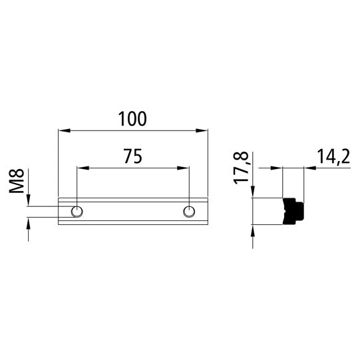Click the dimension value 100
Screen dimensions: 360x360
point(132,119)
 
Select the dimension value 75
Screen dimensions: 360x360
point(132,157)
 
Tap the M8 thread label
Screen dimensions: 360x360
point(18,181)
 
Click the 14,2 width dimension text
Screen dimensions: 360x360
point(333,157)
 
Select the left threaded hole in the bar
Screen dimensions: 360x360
point(77,212)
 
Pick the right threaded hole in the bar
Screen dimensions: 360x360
point(189,212)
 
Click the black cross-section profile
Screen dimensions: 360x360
point(293,211)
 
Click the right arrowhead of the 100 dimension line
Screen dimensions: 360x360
point(204,130)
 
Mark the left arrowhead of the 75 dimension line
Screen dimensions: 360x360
point(81,168)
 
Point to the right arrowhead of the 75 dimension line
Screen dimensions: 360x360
point(185,168)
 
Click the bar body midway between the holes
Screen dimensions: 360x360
point(133,212)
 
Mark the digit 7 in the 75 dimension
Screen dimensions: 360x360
point(127,157)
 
